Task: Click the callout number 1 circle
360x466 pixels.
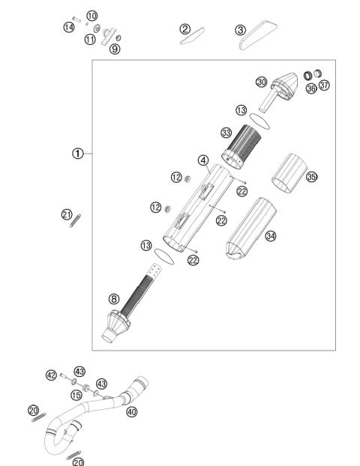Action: (77, 154)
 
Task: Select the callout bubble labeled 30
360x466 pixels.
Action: (261, 82)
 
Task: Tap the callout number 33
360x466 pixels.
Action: (225, 133)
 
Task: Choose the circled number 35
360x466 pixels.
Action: (311, 177)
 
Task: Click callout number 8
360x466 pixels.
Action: (114, 299)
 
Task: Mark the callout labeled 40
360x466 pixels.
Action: (132, 411)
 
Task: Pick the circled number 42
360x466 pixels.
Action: (51, 375)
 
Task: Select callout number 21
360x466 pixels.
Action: (66, 215)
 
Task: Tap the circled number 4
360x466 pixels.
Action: (202, 160)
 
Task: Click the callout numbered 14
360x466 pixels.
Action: (68, 28)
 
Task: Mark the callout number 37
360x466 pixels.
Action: (324, 85)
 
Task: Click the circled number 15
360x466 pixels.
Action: (76, 395)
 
